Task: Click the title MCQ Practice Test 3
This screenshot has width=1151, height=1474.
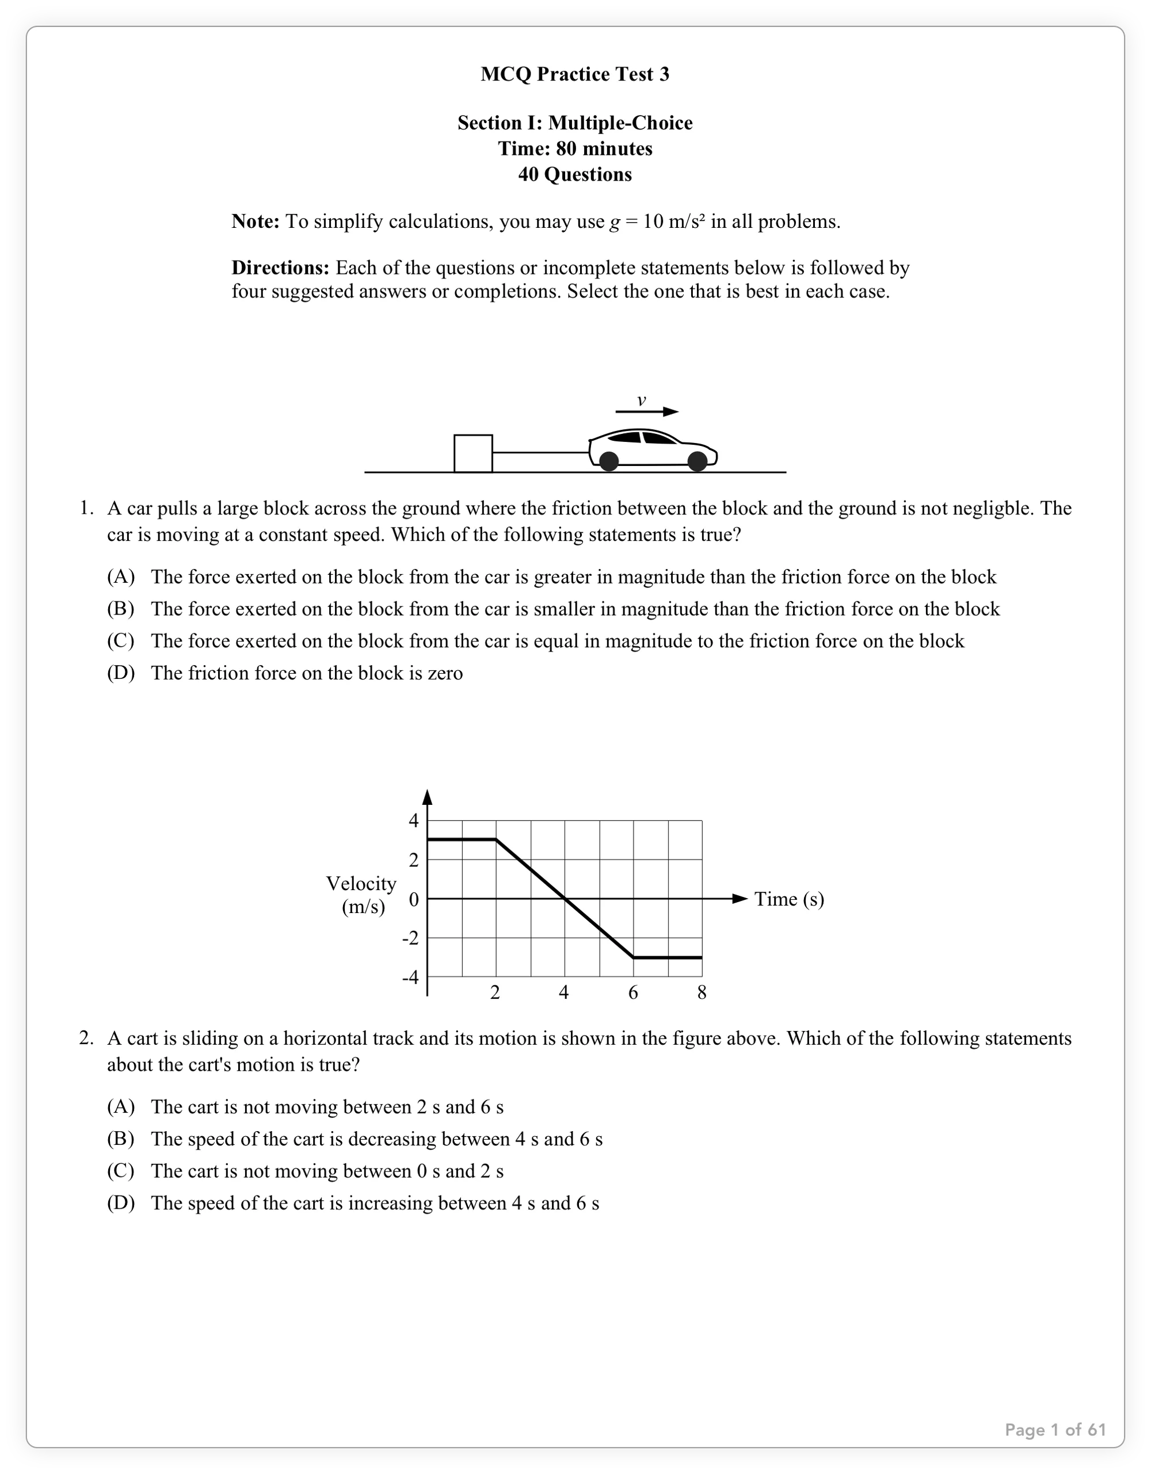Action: pyautogui.click(x=574, y=74)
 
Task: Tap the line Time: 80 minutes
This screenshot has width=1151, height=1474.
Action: pyautogui.click(x=574, y=148)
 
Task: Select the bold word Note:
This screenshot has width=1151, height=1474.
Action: pyautogui.click(x=255, y=222)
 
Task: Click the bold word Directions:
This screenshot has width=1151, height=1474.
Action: pyautogui.click(x=280, y=268)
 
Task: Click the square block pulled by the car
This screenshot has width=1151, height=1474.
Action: pyautogui.click(x=472, y=453)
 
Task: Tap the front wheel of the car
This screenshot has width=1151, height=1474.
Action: pyautogui.click(x=698, y=461)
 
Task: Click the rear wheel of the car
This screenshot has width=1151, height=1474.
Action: pyautogui.click(x=609, y=461)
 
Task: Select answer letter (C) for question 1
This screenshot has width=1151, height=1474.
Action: pyautogui.click(x=121, y=640)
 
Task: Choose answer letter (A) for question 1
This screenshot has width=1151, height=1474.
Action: pyautogui.click(x=121, y=576)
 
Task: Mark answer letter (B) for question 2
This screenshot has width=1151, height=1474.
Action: pyautogui.click(x=121, y=1139)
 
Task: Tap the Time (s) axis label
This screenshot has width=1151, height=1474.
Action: pyautogui.click(x=788, y=899)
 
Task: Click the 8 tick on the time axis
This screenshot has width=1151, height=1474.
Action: pyautogui.click(x=702, y=992)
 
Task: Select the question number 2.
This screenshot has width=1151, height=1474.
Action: pyautogui.click(x=86, y=1038)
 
